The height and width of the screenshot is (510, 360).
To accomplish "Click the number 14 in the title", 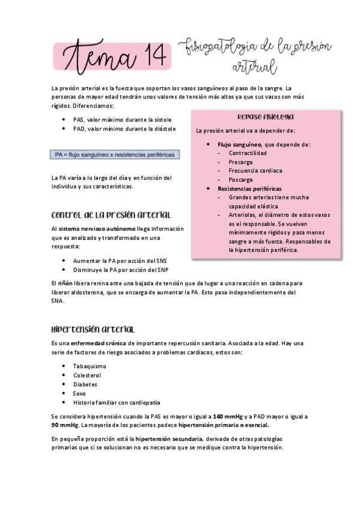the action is [147, 59].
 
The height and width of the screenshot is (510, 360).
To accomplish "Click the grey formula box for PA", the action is [115, 155].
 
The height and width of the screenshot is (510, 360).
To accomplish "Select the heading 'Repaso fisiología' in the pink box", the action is [265, 117].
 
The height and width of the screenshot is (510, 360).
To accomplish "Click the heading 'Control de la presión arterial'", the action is [111, 215].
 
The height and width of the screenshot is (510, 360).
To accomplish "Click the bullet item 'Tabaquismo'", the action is [90, 366].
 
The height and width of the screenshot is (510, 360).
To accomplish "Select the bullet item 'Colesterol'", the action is [88, 375].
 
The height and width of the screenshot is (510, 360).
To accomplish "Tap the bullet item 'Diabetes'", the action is [85, 384].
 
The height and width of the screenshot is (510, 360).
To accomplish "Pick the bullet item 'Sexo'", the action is [79, 393].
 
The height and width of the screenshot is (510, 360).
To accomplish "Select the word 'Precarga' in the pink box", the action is [240, 162].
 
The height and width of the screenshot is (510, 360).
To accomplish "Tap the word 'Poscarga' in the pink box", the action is [240, 179].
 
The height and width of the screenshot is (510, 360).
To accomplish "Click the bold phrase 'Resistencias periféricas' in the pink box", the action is [249, 188].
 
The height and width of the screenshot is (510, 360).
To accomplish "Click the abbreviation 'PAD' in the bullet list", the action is [79, 128].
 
